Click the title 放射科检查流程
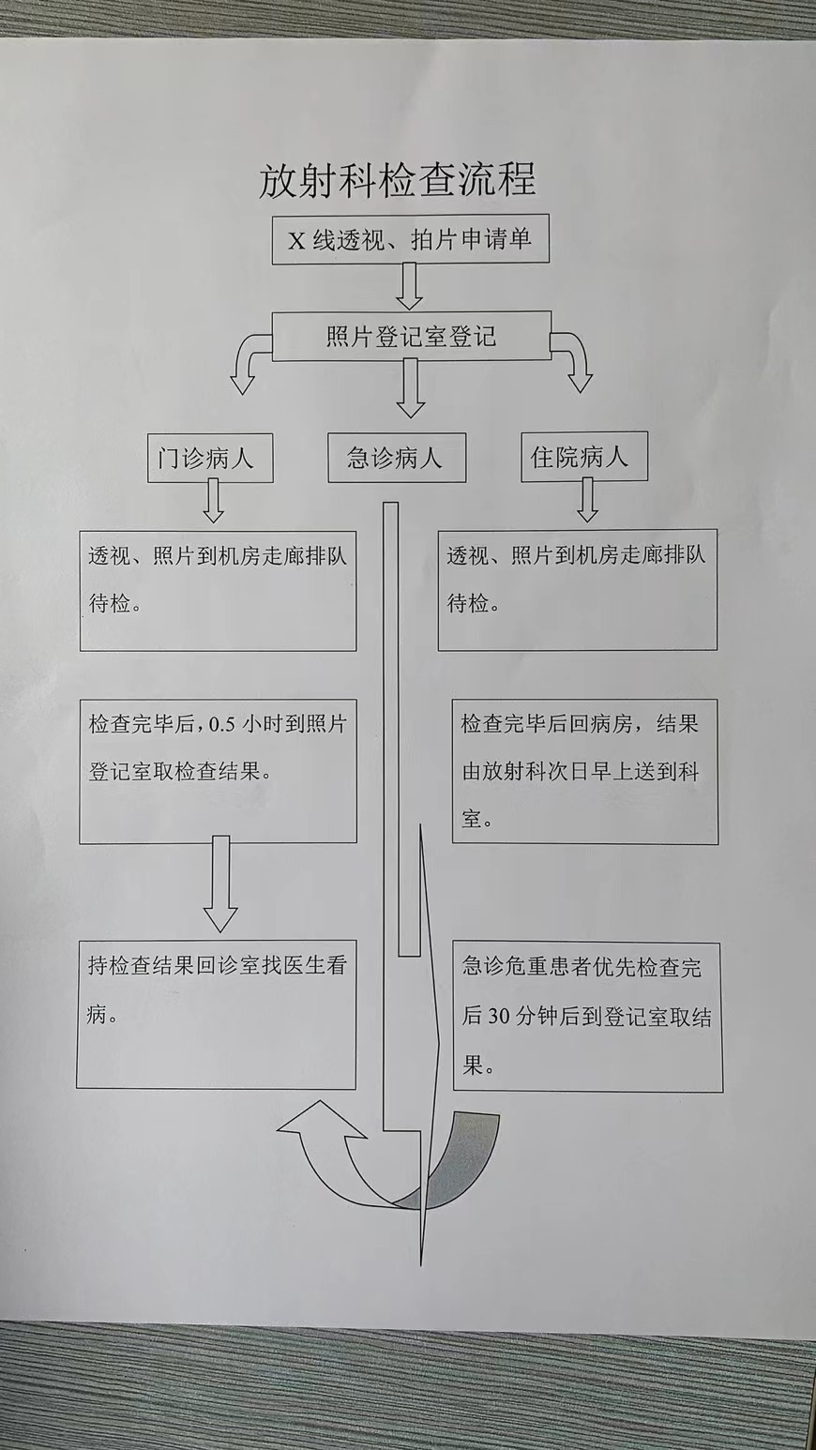tap(398, 179)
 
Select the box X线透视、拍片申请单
tap(410, 240)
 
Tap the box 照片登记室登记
tap(411, 337)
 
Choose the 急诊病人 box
tap(396, 458)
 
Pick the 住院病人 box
tap(584, 457)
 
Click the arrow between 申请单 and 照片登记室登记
tap(410, 287)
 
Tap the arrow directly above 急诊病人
tap(410, 388)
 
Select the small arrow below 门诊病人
tap(214, 500)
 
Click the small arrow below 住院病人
tap(587, 500)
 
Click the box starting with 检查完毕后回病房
tap(584, 770)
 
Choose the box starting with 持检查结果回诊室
tap(216, 1016)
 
